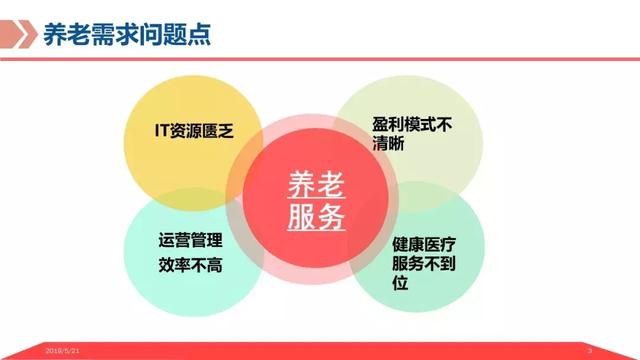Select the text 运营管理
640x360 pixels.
190,242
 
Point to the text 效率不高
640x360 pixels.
190,265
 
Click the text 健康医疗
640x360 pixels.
425,245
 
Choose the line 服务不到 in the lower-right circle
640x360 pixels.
425,265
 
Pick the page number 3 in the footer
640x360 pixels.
591,351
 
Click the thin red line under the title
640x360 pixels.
320,59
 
